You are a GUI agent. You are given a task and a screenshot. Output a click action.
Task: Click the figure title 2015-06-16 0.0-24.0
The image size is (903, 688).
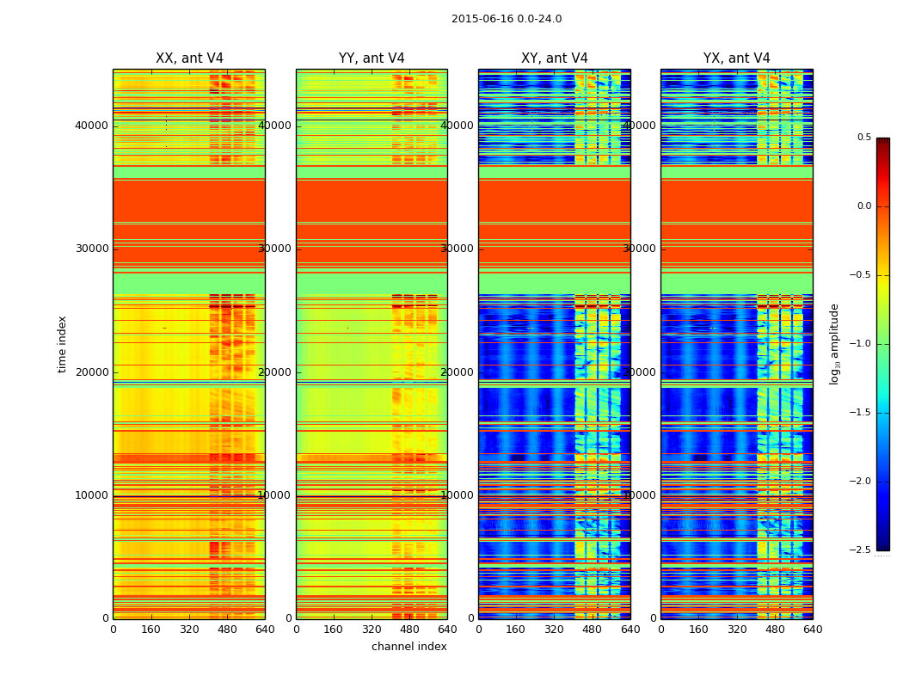[x=507, y=19]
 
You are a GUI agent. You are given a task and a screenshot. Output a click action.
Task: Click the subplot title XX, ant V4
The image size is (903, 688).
[x=189, y=58]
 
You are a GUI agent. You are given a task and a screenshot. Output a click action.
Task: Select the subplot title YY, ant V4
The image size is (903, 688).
[x=372, y=58]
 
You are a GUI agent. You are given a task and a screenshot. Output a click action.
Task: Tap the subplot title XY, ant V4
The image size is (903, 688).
[x=555, y=58]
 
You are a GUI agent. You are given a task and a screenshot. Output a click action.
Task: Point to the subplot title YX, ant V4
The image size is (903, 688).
[x=737, y=58]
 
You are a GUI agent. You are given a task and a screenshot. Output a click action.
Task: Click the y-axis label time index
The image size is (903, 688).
[x=62, y=343]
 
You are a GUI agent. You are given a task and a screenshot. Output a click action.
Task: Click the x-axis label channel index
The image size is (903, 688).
[x=409, y=647]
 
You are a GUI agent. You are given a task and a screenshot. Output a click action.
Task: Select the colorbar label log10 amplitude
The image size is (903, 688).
[x=834, y=343]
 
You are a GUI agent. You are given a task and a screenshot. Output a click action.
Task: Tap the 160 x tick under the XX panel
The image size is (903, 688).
[x=151, y=630]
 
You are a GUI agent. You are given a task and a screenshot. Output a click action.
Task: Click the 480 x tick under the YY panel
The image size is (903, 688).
[x=409, y=630]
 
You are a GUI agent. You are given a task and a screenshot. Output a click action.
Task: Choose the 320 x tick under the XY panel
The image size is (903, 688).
[x=555, y=630]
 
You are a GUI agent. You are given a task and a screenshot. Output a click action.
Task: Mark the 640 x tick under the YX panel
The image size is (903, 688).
[x=813, y=630]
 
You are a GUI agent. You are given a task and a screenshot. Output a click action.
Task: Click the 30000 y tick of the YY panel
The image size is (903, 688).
[x=275, y=249]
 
